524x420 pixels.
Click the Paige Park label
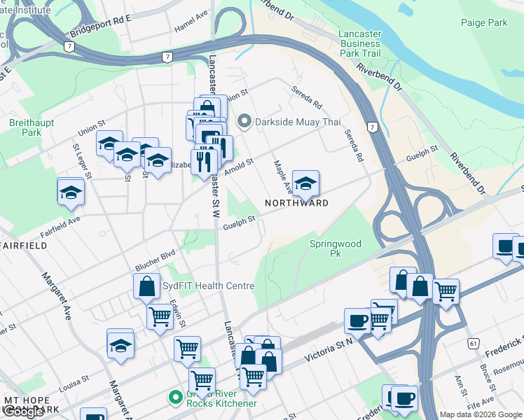[484, 23]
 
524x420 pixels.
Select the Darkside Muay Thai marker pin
[244, 122]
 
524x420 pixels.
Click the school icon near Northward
[305, 184]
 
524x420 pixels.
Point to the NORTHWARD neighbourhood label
[296, 204]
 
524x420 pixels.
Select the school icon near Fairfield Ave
[71, 191]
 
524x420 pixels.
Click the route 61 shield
[474, 343]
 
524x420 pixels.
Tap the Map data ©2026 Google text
[481, 414]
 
